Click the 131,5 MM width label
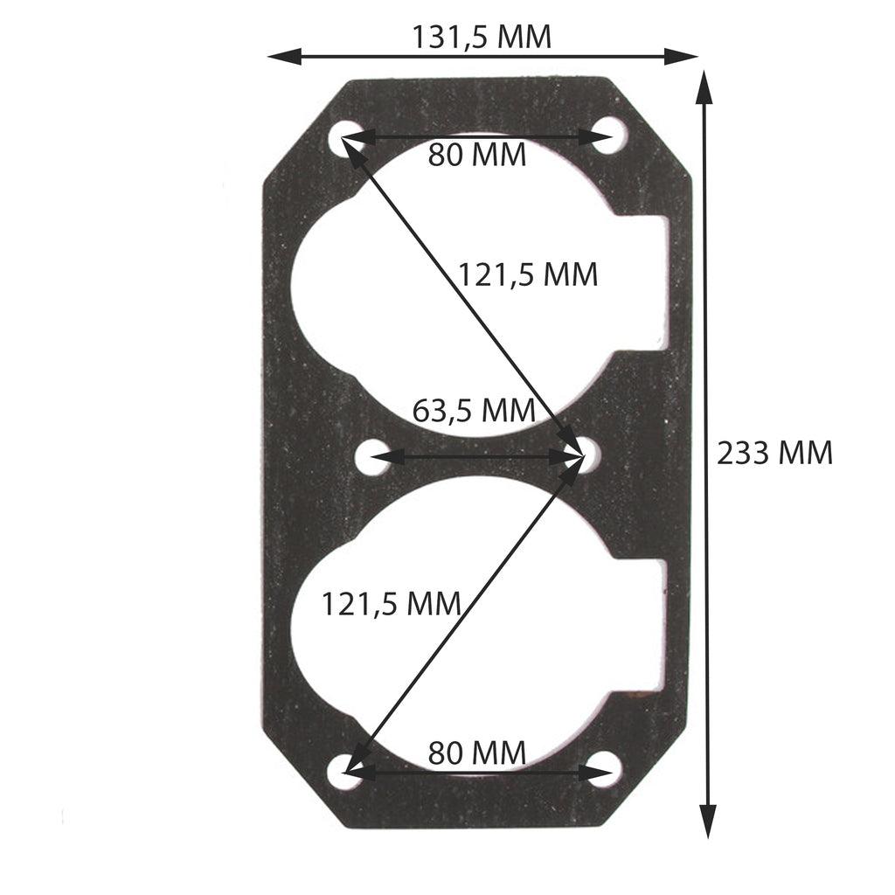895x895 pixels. pos(482,37)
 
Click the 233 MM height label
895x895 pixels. pos(774,453)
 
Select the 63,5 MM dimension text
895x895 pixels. pos(473,409)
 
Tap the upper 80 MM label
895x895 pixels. pos(477,156)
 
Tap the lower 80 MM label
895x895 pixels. pos(477,752)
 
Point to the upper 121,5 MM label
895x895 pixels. pos(528,274)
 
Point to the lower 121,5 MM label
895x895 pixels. pos(391,603)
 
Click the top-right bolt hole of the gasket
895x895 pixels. pos(609,136)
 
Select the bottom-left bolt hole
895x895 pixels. pos(343,772)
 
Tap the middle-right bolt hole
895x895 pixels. pos(588,454)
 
